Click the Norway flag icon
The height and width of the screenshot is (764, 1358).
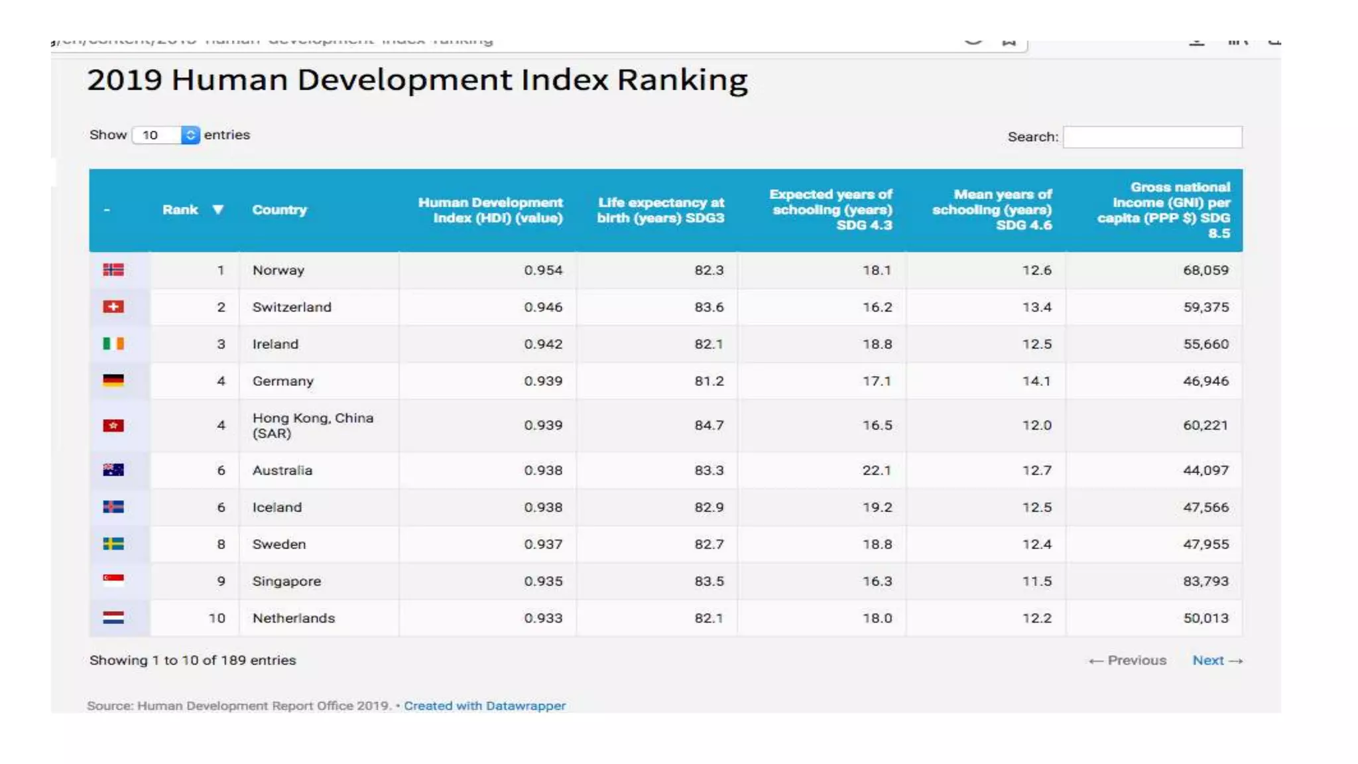(x=113, y=270)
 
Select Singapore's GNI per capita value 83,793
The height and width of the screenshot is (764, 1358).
(x=1205, y=581)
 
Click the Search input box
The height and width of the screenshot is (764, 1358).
(x=1152, y=137)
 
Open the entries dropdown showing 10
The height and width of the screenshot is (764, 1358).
(x=166, y=135)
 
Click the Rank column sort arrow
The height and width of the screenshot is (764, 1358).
(x=217, y=210)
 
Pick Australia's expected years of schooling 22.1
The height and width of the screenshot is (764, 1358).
(x=877, y=470)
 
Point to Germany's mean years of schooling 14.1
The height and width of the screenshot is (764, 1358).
(x=1036, y=381)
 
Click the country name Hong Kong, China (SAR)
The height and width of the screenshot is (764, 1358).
(x=312, y=426)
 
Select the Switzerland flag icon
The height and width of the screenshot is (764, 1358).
(x=113, y=307)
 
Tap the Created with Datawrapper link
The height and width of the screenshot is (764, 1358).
(x=485, y=706)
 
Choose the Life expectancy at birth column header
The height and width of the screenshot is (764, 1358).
(x=660, y=210)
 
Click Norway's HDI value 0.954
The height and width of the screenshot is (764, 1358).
(x=542, y=271)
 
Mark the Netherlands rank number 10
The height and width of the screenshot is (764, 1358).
(x=217, y=618)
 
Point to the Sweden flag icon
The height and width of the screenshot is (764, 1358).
(x=113, y=544)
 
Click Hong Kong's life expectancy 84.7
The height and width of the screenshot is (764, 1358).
(x=709, y=425)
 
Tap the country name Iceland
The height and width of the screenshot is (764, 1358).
(x=277, y=507)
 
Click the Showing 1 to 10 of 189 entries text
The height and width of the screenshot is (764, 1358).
(x=192, y=661)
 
